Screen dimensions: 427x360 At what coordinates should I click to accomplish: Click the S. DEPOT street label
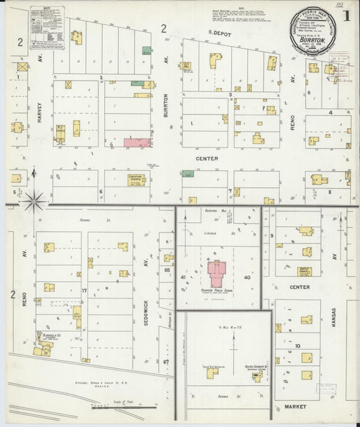click(220, 32)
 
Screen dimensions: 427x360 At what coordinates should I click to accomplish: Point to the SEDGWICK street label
click(147, 295)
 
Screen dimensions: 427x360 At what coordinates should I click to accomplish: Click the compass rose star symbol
click(33, 201)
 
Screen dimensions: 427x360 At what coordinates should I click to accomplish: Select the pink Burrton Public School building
click(217, 274)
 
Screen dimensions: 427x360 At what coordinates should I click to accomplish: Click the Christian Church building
click(136, 180)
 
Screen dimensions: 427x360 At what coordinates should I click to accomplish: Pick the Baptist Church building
click(305, 272)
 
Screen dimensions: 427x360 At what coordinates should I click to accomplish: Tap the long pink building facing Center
click(137, 143)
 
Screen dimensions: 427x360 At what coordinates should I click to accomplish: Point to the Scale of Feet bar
click(119, 407)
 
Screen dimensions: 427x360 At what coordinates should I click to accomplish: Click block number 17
click(84, 291)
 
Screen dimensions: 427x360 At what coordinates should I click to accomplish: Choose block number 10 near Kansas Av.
click(297, 346)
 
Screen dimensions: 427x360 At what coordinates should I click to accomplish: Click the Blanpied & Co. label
click(47, 333)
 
